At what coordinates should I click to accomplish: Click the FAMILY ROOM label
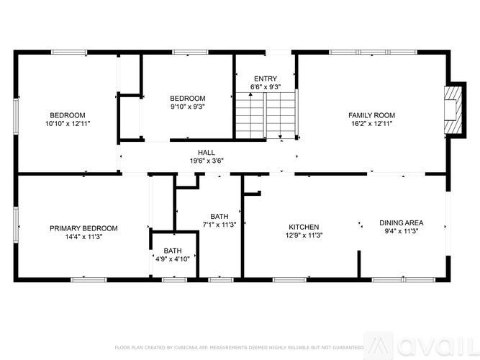click(371, 115)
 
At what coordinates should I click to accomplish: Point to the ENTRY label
click(265, 78)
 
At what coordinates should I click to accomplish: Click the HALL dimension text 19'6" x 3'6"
click(207, 161)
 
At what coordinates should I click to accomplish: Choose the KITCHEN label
click(304, 227)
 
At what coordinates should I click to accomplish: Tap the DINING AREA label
click(402, 222)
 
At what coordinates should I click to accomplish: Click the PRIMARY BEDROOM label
click(83, 228)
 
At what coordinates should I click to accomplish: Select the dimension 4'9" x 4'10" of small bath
click(173, 259)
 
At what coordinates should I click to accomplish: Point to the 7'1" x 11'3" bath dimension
click(220, 225)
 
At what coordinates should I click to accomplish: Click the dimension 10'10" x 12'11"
click(68, 124)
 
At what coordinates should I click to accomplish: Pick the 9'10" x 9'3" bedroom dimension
click(188, 107)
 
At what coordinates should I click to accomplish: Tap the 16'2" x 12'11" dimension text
click(371, 124)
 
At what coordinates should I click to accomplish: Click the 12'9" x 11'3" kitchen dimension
click(304, 235)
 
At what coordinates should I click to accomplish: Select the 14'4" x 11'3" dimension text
click(83, 237)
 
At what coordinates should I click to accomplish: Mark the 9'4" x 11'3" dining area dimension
click(402, 231)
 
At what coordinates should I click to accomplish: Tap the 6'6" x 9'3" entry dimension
click(265, 87)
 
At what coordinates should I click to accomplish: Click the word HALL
click(207, 153)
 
